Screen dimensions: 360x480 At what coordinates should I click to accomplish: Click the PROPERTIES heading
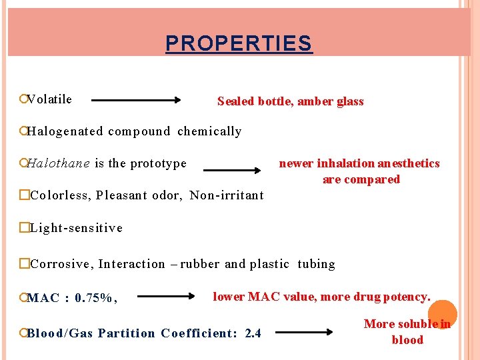[239, 44]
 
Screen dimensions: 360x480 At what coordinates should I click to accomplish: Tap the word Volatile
[50, 99]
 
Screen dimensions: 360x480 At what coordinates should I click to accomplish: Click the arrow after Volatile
[136, 101]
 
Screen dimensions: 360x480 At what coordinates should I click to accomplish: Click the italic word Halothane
[59, 163]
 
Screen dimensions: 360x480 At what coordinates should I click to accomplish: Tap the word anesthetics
[408, 163]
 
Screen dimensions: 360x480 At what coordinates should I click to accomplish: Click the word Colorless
[59, 195]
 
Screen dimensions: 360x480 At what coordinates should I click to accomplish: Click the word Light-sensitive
[76, 228]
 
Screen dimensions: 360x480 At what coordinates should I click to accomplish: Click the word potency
[405, 297]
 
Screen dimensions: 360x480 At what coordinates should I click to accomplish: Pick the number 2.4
[253, 333]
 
